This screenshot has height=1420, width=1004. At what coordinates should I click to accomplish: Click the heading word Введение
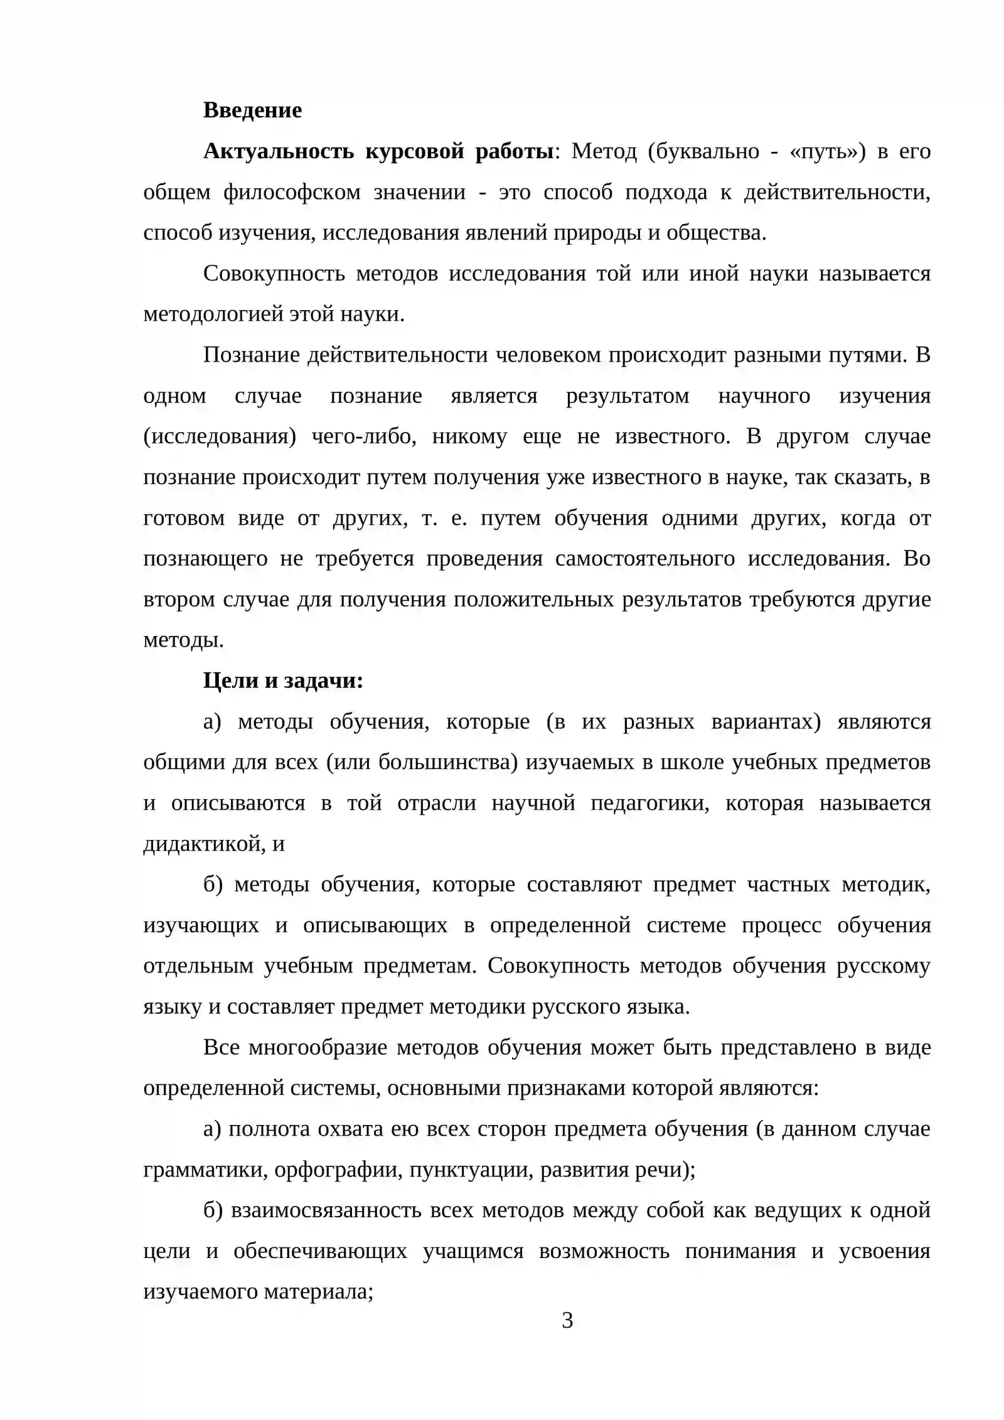(x=252, y=110)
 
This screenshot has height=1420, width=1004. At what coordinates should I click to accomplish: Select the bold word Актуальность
(x=279, y=151)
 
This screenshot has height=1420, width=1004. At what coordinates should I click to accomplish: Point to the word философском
(x=292, y=192)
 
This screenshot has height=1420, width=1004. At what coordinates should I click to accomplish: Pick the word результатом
(x=627, y=396)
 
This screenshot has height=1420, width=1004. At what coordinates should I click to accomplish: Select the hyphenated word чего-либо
(x=364, y=436)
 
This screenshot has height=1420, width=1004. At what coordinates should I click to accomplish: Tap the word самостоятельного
(x=644, y=559)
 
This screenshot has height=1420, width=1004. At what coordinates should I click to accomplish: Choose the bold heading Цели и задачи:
(x=283, y=681)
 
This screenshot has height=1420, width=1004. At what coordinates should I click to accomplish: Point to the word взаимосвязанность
(x=326, y=1210)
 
